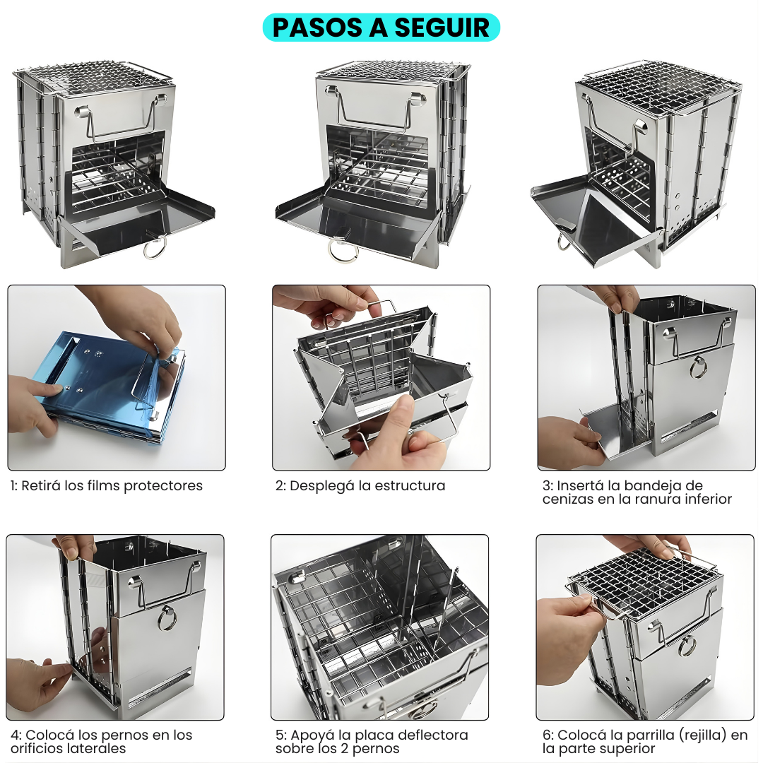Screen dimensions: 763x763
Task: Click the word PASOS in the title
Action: pos(317,28)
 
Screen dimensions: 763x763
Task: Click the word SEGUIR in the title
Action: pos(442,28)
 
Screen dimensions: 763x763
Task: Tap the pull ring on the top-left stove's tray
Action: pos(155,248)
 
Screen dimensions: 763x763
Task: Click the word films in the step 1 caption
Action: pos(104,485)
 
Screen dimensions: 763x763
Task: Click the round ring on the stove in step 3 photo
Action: pos(698,367)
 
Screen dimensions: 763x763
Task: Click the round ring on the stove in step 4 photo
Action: pos(167,617)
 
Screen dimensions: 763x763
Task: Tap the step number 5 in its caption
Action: pos(279,735)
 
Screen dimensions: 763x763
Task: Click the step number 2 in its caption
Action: pos(279,486)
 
